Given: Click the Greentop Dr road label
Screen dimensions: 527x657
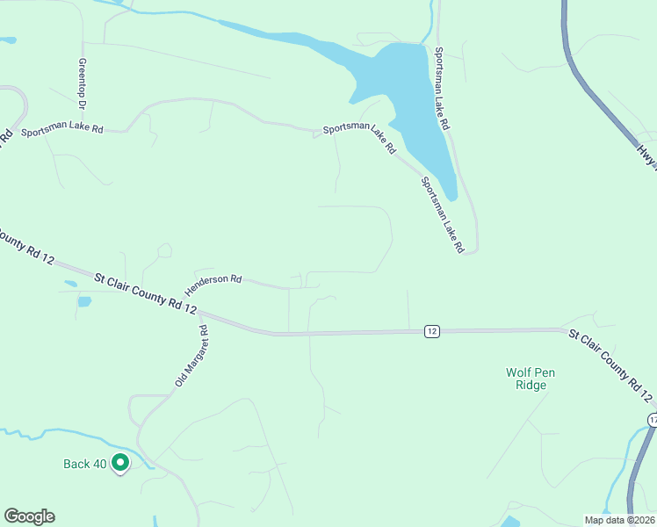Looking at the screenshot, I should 83,84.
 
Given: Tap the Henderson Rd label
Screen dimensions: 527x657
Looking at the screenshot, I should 213,284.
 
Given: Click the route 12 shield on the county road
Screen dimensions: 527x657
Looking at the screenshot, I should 430,331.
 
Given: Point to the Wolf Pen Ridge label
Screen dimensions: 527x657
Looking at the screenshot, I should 531,379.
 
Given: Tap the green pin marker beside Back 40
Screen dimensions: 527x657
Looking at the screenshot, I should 119,461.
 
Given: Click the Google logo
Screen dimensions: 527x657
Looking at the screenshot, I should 29,516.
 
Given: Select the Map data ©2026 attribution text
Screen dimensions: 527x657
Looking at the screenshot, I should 620,520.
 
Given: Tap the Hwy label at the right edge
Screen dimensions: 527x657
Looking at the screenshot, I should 647,155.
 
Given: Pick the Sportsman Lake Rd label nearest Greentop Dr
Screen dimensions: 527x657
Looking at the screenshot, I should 61,130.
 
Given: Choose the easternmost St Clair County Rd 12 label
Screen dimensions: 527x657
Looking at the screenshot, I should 611,359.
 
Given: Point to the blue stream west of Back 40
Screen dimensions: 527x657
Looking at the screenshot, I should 53,433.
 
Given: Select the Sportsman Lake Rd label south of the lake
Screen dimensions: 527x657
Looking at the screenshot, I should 441,215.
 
